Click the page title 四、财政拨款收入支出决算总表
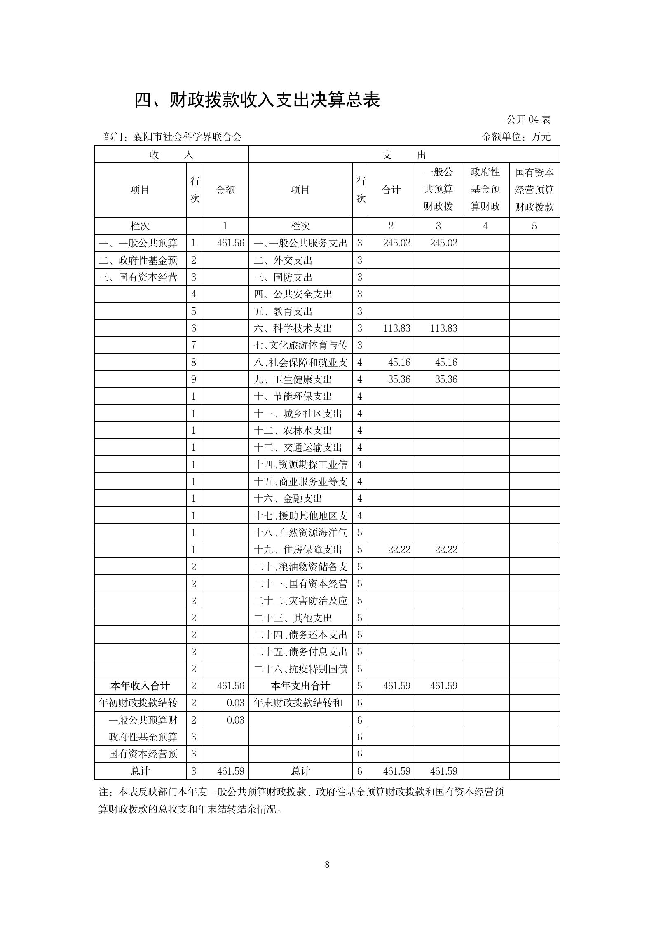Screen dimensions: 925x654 pyautogui.click(x=257, y=100)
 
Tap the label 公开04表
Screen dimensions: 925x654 pyautogui.click(x=528, y=119)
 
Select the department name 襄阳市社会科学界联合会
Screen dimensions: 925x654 pyautogui.click(x=187, y=137)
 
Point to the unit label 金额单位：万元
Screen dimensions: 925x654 pyautogui.click(x=516, y=137)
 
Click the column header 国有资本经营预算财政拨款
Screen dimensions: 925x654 pyautogui.click(x=534, y=190)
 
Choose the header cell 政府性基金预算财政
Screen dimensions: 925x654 pyautogui.click(x=485, y=190)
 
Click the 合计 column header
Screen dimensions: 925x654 pyautogui.click(x=391, y=190)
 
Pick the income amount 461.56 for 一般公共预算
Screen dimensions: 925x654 pyautogui.click(x=230, y=243)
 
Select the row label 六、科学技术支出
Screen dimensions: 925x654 pyautogui.click(x=293, y=328)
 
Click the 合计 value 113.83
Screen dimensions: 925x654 pyautogui.click(x=396, y=328)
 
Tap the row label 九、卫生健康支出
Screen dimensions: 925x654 pyautogui.click(x=293, y=379)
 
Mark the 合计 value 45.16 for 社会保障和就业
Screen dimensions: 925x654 pyautogui.click(x=399, y=363)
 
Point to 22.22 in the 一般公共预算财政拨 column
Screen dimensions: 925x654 pyautogui.click(x=446, y=550)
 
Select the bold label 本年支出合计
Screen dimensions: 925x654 pyautogui.click(x=300, y=686)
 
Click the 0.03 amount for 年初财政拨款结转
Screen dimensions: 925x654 pyautogui.click(x=235, y=703)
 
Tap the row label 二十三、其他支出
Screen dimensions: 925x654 pyautogui.click(x=293, y=618)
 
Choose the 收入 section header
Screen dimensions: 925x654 pyautogui.click(x=171, y=155)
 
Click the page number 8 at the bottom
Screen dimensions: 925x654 pyautogui.click(x=327, y=864)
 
